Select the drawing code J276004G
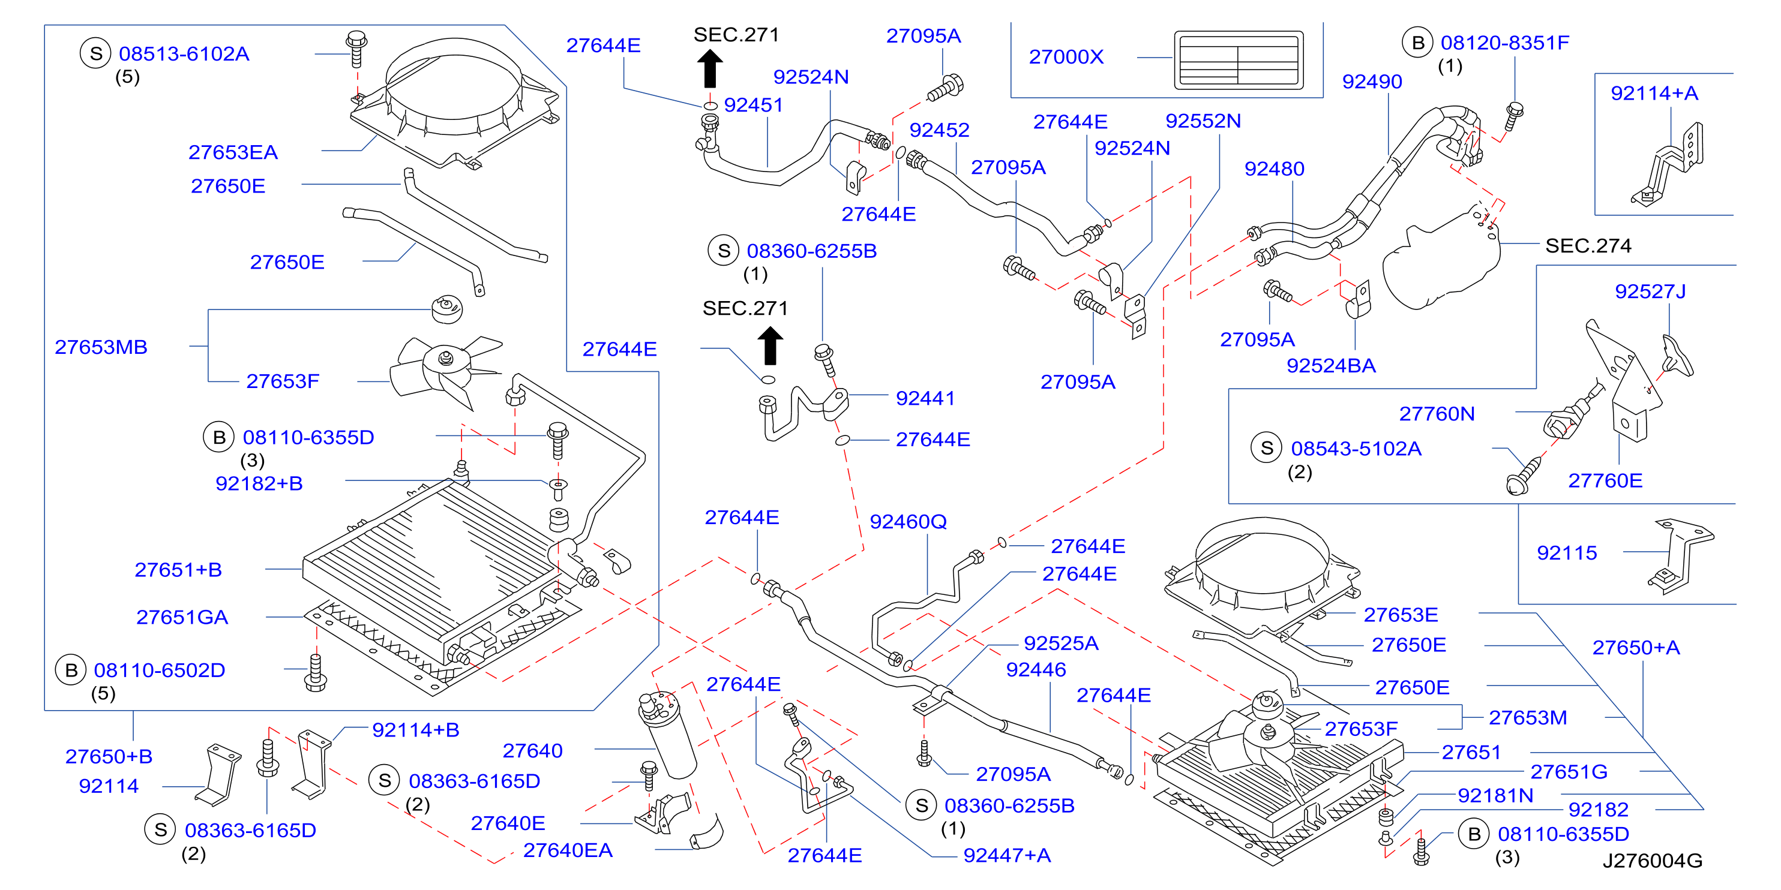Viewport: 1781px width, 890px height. click(1653, 860)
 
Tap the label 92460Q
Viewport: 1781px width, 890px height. click(908, 522)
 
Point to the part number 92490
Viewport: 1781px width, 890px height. click(1372, 82)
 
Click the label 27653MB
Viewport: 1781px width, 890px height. click(101, 347)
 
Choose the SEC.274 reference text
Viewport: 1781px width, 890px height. click(1588, 246)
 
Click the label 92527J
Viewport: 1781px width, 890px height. click(1650, 291)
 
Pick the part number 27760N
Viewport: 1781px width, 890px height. click(1437, 414)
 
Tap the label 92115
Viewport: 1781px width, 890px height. click(1567, 553)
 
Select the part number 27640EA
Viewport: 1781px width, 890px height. click(568, 850)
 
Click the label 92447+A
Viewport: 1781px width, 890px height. click(1007, 855)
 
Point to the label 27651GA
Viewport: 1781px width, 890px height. click(182, 617)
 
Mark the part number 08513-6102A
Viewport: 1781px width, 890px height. click(184, 54)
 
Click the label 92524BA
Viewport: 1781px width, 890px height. click(1331, 366)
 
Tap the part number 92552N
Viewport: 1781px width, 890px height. click(1203, 121)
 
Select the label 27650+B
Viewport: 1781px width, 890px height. click(109, 757)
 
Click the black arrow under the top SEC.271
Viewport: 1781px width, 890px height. click(709, 68)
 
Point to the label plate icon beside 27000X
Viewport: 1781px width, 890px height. click(1239, 60)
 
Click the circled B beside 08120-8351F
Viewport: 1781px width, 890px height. click(1417, 43)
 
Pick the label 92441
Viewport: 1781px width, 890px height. click(925, 399)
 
